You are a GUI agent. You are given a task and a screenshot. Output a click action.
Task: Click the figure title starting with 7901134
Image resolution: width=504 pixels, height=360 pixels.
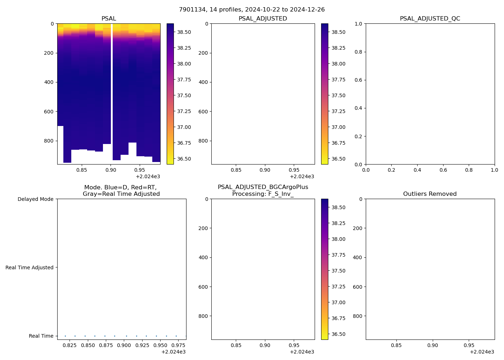[x=252, y=10]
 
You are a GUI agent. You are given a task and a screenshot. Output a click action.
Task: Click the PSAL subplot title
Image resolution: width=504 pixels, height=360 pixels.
[x=109, y=19]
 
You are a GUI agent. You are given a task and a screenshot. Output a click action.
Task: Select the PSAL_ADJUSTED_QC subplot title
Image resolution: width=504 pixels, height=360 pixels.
[x=430, y=19]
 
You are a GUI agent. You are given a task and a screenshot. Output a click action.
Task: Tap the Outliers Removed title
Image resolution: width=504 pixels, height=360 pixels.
[x=430, y=194]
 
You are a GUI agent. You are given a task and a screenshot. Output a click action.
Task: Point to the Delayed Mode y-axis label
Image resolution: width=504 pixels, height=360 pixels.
[x=35, y=199]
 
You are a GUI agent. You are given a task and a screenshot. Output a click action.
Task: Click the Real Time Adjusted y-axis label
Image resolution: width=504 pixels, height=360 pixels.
[x=30, y=267]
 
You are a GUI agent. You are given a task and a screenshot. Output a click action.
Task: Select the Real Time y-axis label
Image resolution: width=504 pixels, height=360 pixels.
[x=41, y=336]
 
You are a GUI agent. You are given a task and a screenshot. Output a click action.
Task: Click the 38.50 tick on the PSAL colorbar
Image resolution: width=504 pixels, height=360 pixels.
[x=184, y=32]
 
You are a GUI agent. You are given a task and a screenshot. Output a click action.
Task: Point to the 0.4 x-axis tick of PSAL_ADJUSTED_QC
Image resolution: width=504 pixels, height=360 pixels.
[x=417, y=170]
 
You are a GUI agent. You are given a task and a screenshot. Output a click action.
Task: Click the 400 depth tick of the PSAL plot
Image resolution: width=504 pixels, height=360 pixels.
[x=49, y=82]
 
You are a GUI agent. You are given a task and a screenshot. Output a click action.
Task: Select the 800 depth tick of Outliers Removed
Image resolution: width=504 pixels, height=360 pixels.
[x=357, y=316]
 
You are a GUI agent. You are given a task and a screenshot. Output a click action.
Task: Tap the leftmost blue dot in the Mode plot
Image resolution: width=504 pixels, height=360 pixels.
[x=65, y=336]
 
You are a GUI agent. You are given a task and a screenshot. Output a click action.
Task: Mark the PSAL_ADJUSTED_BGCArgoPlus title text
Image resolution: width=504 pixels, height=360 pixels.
[x=263, y=187]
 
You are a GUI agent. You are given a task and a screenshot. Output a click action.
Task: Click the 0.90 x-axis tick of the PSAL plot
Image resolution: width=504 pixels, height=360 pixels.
[x=111, y=170]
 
